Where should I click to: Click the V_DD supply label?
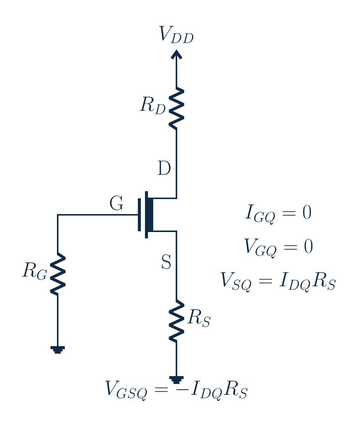[176, 35]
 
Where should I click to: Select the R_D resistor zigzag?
[176, 108]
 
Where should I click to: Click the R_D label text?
[153, 106]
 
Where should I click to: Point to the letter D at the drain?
[164, 168]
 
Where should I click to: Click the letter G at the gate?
[117, 203]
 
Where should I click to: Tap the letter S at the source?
[166, 262]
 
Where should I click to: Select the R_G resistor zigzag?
[58, 274]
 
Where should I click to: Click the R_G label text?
[34, 271]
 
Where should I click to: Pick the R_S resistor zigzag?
[176, 321]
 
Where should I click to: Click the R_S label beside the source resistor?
[199, 318]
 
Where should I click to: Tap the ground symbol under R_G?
[58, 350]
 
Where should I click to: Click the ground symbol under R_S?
[176, 379]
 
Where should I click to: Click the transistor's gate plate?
[139, 215]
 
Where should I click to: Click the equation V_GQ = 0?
[279, 247]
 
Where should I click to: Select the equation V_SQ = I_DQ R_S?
[278, 281]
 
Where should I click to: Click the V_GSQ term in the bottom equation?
[126, 390]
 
